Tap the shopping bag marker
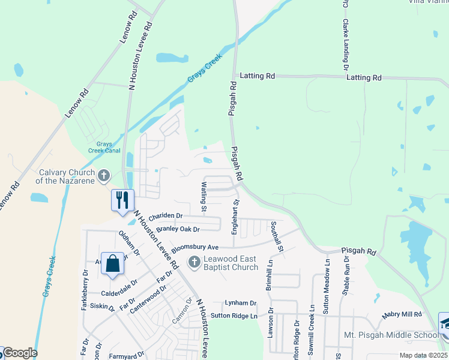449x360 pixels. click(113, 263)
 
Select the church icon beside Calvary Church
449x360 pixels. click(104, 176)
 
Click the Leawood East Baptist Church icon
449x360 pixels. click(194, 262)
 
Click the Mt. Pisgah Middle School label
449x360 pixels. click(390, 335)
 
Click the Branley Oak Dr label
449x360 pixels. click(178, 229)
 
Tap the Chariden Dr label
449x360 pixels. click(165, 215)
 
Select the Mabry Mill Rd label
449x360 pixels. click(402, 314)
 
